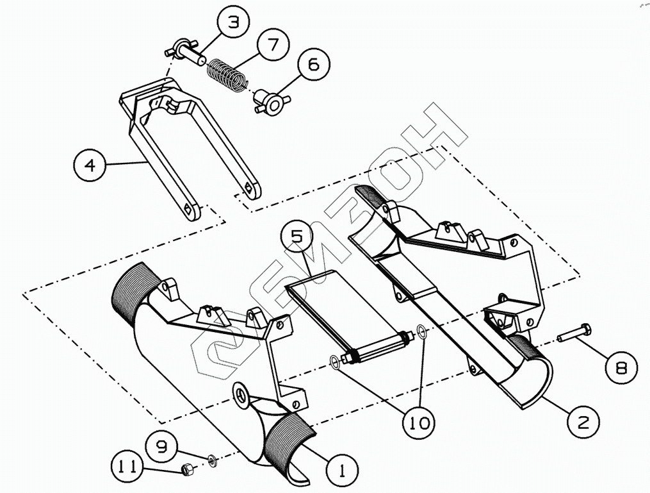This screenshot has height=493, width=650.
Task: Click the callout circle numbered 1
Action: click(341, 472)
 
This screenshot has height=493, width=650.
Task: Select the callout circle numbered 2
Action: click(584, 421)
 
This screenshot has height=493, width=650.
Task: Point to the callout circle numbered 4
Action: click(90, 165)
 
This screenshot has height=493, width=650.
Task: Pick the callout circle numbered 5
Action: click(297, 237)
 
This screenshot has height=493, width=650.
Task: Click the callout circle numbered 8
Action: click(621, 367)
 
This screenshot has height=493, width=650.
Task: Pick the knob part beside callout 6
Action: click(271, 101)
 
